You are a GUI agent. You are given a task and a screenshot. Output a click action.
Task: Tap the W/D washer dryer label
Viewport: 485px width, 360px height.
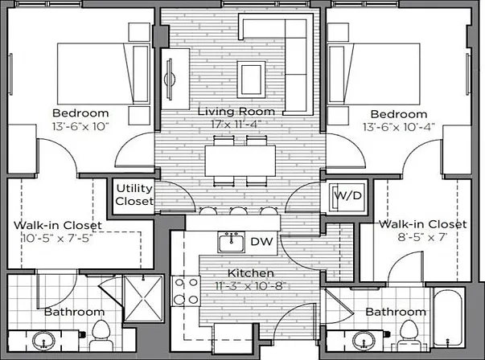(x=348, y=195)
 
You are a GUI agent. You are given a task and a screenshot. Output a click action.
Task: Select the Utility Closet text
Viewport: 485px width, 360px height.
(x=134, y=194)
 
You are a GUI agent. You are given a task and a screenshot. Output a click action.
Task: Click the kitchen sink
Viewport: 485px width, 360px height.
(x=232, y=242)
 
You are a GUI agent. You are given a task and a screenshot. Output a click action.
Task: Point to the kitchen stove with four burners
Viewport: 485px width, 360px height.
(x=186, y=291)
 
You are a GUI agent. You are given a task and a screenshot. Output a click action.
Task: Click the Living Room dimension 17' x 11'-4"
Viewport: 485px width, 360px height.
(x=236, y=125)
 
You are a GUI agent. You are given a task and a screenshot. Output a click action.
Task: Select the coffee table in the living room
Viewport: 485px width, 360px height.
(x=251, y=80)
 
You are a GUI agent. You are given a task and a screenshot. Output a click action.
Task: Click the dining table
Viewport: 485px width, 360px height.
(x=240, y=161)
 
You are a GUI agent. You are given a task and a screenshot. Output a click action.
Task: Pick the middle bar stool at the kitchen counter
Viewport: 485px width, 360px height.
(x=239, y=211)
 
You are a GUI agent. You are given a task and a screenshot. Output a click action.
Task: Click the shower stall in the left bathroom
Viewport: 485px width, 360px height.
(x=143, y=298)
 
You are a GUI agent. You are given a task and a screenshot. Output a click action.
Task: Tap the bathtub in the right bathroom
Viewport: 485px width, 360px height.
(x=448, y=317)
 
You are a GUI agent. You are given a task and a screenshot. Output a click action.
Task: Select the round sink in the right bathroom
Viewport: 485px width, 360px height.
(x=364, y=341)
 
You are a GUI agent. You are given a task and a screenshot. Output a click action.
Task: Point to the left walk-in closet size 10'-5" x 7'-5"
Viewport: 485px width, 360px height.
(x=58, y=238)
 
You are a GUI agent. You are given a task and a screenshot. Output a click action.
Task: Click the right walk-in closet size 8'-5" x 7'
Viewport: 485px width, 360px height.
(x=422, y=237)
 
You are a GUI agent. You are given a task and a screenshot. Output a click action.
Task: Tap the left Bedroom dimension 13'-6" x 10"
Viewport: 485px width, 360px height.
(x=80, y=126)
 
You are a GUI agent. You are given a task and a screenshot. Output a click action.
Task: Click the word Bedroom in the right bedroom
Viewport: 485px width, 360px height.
(x=399, y=114)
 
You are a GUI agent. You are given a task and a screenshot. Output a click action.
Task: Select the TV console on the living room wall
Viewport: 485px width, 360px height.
(x=175, y=79)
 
